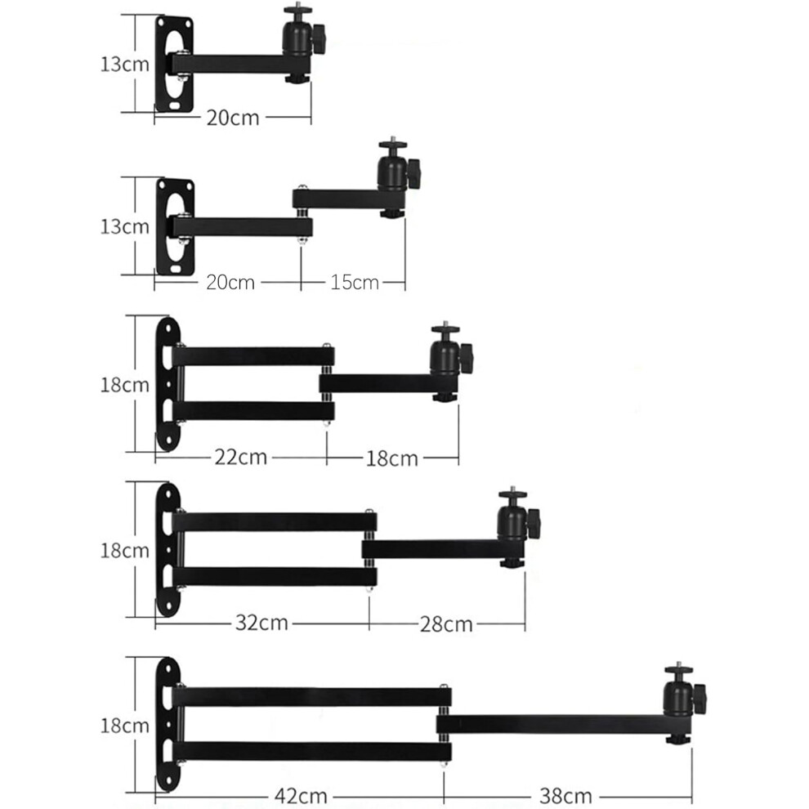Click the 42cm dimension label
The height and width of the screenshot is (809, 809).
click(x=301, y=796)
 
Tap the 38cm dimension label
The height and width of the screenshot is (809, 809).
click(x=565, y=796)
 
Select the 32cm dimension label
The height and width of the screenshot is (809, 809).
click(x=261, y=623)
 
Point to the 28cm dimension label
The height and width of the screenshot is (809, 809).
click(x=446, y=624)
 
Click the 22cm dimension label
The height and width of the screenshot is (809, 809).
click(x=241, y=457)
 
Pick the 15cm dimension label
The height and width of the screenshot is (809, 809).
click(x=355, y=282)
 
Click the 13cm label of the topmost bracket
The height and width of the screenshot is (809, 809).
click(x=125, y=64)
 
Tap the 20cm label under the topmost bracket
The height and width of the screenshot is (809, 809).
click(x=233, y=118)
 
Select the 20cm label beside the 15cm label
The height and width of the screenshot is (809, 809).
click(x=230, y=282)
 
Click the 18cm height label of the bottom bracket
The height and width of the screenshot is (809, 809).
click(x=125, y=726)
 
